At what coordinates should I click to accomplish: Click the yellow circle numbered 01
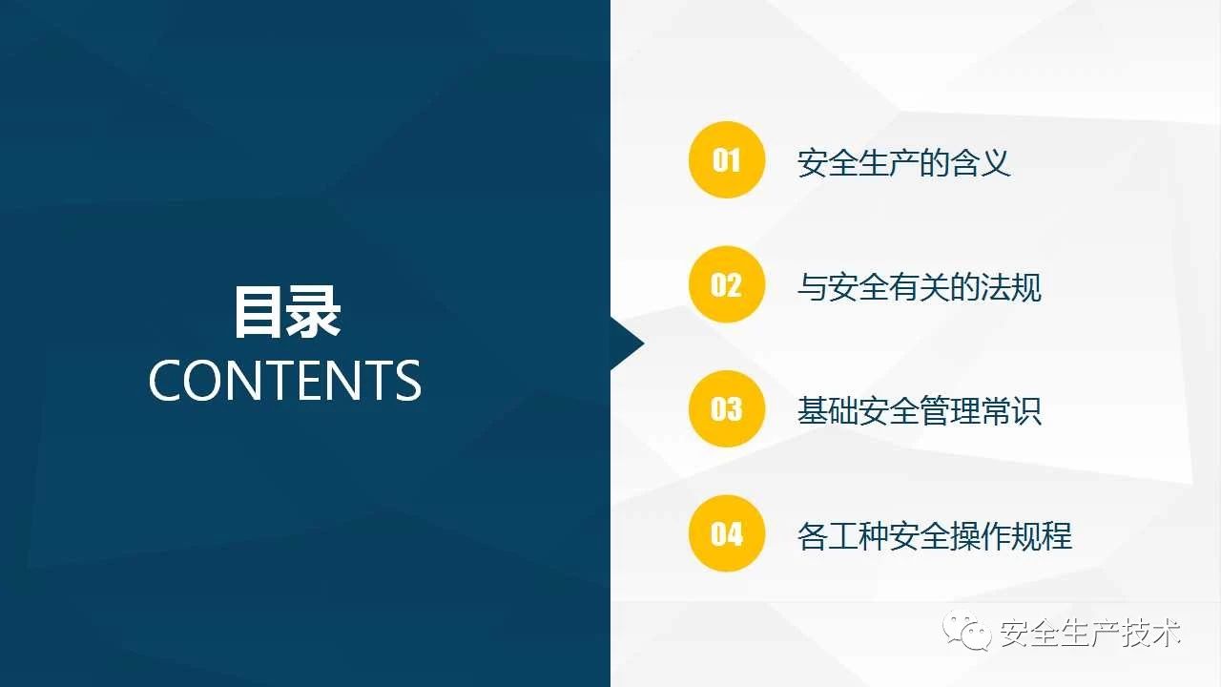point(727,159)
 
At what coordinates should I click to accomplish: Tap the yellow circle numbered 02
point(727,284)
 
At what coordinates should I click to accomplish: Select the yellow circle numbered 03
point(727,408)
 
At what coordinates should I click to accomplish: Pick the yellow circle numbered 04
point(727,533)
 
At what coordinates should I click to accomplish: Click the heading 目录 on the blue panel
point(287,312)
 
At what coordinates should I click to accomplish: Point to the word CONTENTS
point(285,381)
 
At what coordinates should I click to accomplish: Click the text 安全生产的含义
point(903,162)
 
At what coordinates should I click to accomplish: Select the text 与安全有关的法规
point(919,287)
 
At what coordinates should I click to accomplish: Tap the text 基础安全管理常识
point(919,411)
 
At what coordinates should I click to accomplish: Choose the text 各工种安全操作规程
point(934,535)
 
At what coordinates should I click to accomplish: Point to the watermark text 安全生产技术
point(1089,633)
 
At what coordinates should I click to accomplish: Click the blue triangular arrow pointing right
point(628,343)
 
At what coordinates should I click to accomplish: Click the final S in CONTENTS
point(408,381)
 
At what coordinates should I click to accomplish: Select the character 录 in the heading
point(315,312)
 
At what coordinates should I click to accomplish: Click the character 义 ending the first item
point(996,162)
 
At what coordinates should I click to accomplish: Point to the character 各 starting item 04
point(812,535)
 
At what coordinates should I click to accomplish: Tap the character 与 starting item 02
point(812,287)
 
